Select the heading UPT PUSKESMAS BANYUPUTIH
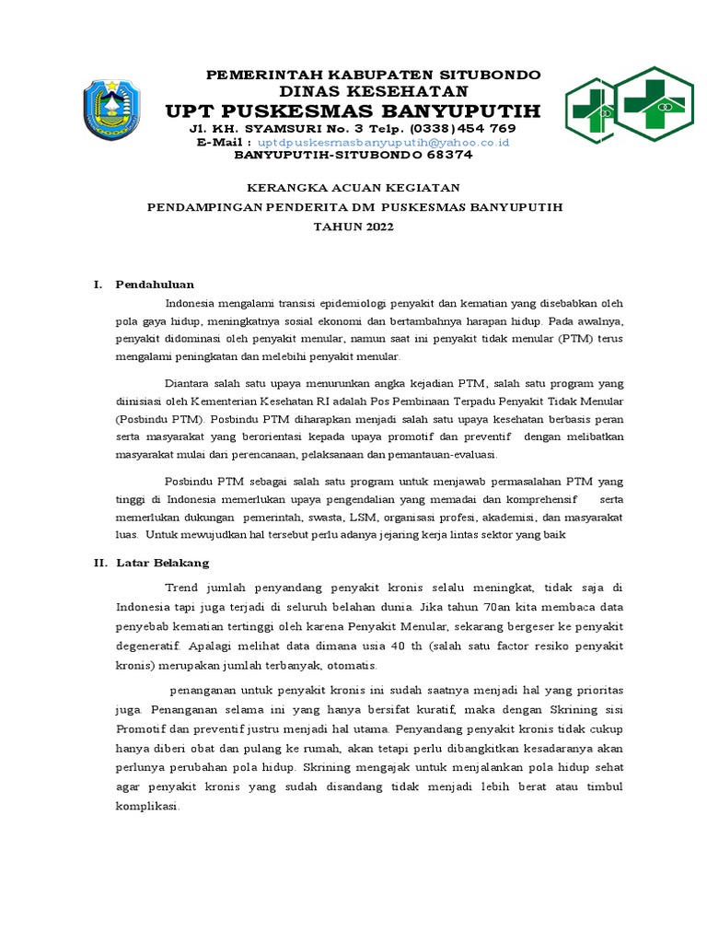point(353,111)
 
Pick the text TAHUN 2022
point(354,227)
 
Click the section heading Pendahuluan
point(154,284)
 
